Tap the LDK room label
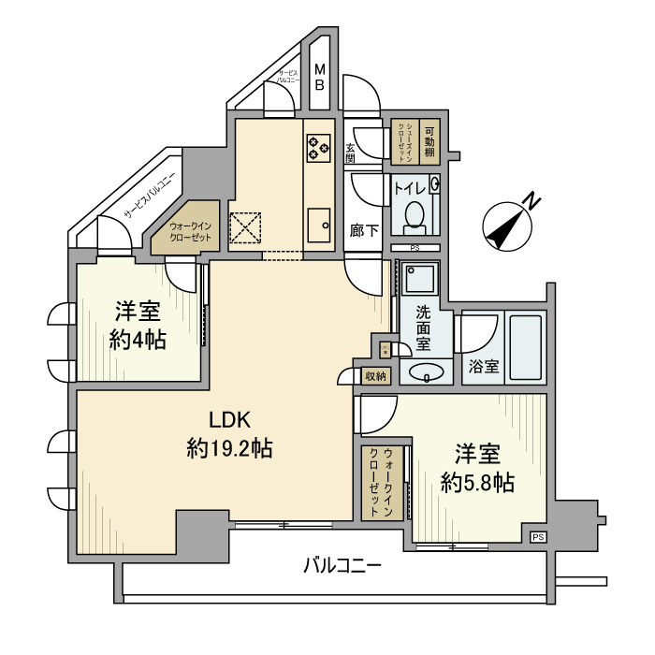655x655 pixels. tap(229, 419)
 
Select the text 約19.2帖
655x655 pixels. tap(229, 449)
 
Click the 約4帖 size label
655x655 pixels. tap(138, 340)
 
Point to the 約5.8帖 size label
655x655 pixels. tap(477, 483)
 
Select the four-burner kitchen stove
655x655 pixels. tap(318, 146)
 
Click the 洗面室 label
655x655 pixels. tap(424, 328)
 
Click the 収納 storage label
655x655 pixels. tap(375, 375)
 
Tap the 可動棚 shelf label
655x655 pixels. tap(429, 141)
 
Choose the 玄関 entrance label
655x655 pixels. tap(351, 153)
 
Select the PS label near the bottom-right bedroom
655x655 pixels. tap(537, 536)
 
